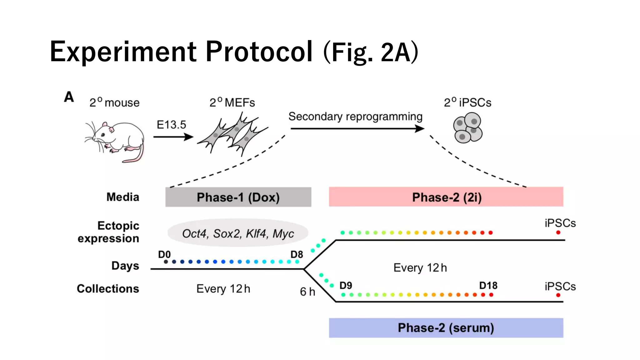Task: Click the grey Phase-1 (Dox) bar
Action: (238, 197)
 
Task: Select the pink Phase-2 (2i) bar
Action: (446, 197)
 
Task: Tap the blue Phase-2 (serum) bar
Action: (446, 328)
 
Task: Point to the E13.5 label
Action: (171, 125)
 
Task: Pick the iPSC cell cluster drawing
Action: (467, 128)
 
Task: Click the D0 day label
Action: (164, 254)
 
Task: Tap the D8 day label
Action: (297, 254)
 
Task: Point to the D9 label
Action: (346, 285)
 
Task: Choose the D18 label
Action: (488, 285)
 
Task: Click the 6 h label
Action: (307, 292)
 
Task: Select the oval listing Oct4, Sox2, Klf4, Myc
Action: (238, 233)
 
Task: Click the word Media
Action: (123, 197)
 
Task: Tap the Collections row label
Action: (108, 288)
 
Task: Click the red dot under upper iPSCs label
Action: (558, 232)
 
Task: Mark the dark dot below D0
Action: (166, 262)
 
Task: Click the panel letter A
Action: (69, 97)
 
